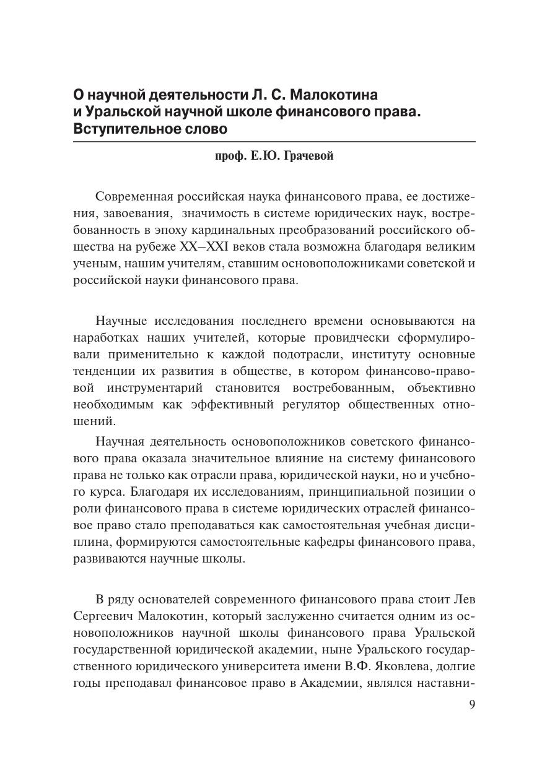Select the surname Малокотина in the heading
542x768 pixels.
click(334, 95)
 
